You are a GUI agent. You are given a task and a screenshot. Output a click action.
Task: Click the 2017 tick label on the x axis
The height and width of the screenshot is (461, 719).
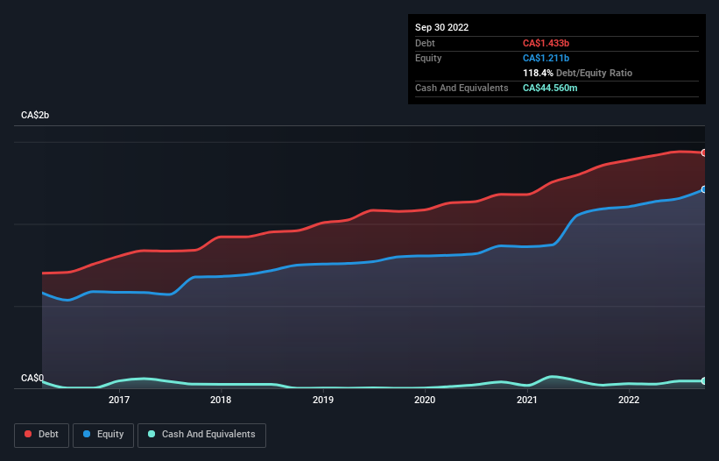tap(119, 401)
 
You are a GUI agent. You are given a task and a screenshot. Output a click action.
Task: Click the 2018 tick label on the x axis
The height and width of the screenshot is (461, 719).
tap(221, 401)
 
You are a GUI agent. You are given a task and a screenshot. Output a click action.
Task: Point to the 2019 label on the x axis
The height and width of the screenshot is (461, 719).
tap(323, 401)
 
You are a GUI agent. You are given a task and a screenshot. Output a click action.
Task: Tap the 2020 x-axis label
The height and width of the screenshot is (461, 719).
tap(425, 401)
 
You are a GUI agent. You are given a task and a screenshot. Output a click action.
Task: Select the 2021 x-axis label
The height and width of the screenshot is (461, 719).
tap(526, 401)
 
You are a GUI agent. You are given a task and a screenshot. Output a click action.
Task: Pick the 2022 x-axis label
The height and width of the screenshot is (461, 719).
tap(628, 401)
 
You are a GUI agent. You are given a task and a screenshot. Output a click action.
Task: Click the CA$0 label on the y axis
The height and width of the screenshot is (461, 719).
tap(32, 378)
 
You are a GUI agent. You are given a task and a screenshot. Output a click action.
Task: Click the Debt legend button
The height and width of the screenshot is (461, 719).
tap(42, 435)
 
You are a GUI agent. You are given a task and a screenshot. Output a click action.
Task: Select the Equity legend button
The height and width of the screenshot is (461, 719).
tap(103, 435)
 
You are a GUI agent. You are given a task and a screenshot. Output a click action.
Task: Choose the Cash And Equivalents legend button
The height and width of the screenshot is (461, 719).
tap(201, 435)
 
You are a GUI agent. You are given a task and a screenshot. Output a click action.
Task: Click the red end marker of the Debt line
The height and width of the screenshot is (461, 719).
tap(703, 152)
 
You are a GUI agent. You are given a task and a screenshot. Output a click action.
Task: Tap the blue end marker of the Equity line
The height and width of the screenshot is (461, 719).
tap(703, 189)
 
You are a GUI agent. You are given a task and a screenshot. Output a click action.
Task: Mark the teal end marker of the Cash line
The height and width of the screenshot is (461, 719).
tap(703, 381)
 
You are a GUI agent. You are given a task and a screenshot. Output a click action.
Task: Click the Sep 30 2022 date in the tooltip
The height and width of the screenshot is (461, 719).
tap(441, 27)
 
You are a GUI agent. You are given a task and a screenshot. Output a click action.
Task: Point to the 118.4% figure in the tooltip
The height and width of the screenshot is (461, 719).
tap(539, 73)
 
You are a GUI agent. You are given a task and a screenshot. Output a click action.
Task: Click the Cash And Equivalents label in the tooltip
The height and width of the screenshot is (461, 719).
tap(462, 88)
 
